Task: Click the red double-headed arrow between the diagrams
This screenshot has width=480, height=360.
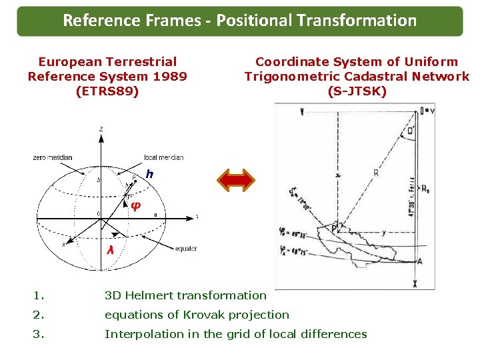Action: point(237,180)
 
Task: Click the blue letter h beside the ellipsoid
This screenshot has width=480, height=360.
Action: point(150,174)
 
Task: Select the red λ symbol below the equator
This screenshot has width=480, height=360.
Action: point(109,249)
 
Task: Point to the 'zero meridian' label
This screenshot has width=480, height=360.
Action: point(52,157)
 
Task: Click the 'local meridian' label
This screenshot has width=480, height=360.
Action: point(163,157)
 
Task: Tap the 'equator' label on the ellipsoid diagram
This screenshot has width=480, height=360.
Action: point(185,249)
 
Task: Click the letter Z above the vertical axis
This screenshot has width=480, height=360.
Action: point(101,128)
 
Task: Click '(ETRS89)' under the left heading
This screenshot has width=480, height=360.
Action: point(108,91)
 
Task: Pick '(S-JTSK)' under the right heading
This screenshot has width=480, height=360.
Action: point(357,91)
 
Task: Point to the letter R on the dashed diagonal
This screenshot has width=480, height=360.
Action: point(376,172)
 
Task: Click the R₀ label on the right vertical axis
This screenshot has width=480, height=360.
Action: point(425,189)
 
